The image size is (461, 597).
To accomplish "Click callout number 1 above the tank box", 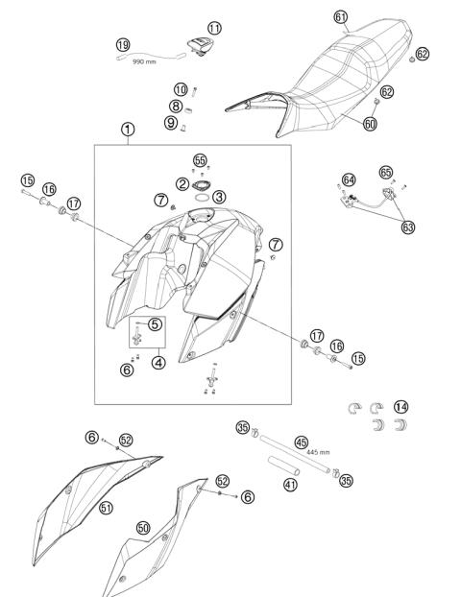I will click(128, 128).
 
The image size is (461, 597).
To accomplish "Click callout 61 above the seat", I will click(341, 17).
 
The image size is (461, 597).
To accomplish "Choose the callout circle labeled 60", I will click(370, 124).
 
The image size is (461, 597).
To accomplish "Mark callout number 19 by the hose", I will click(123, 45).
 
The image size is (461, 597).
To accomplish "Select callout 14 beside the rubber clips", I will click(400, 407).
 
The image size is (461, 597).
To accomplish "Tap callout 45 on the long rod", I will click(301, 442).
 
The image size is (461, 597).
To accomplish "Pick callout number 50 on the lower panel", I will click(143, 528).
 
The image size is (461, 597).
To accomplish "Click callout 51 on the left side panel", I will click(107, 508).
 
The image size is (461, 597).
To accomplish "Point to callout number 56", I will click(200, 159).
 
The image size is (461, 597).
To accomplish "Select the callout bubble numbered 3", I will click(219, 196).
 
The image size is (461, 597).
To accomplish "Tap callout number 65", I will click(386, 172).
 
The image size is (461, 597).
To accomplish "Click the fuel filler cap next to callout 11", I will click(198, 45).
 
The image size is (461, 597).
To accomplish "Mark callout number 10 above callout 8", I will click(181, 90).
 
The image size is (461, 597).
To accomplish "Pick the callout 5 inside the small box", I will click(155, 324).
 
